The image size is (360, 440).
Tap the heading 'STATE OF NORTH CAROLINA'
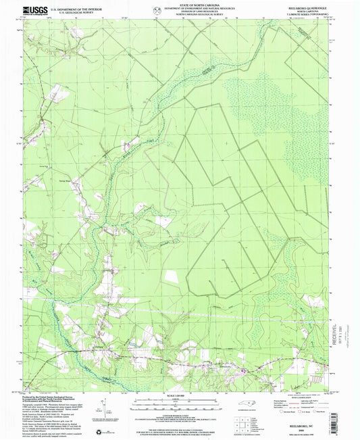(180, 5)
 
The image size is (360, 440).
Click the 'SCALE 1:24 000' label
(180, 393)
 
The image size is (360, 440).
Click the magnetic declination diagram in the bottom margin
(103, 404)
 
